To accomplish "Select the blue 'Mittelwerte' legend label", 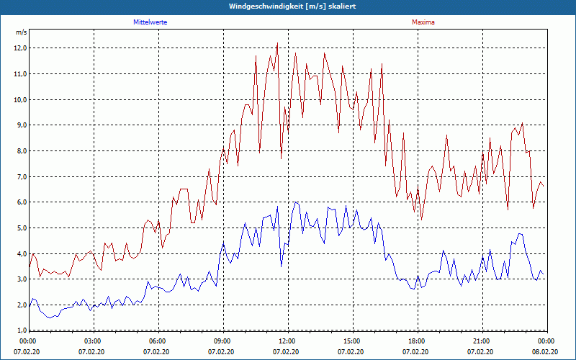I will pos(150,22).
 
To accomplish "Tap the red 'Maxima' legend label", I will pos(423,22).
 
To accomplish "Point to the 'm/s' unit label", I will pos(21,32).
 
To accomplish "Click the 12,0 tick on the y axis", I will pos(21,48).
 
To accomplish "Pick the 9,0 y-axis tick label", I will pos(21,125).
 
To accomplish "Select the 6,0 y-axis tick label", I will pos(21,202).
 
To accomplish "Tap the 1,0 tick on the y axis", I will pos(21,330).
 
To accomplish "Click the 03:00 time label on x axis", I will pos(93,341).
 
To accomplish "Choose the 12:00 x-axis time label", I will pos(287,341).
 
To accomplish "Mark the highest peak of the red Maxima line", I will pos(277,43).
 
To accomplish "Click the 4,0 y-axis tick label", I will pos(21,253).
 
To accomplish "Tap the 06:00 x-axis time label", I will pos(158,341).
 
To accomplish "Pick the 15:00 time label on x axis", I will pos(352,341).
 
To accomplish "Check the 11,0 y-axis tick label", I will pos(21,74).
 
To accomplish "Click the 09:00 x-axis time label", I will pos(222,341).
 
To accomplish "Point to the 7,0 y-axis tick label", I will pos(21,176).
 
